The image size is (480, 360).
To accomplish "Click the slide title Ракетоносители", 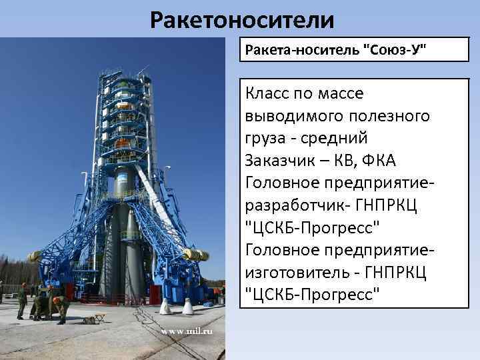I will point(241,20).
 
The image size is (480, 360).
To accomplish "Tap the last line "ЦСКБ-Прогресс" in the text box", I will point(313,293).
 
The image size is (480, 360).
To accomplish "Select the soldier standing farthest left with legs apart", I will point(22,303).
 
